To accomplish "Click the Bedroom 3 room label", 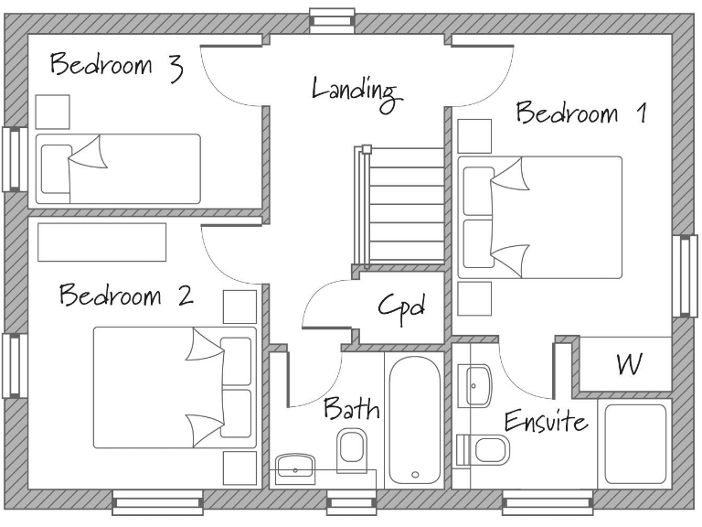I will click(x=115, y=67).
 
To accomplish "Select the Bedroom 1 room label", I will click(x=581, y=114).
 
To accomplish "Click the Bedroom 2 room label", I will click(x=125, y=296).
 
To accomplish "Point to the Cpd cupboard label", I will click(x=402, y=307).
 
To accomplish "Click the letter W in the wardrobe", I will click(x=628, y=364).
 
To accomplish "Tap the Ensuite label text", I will click(x=546, y=423).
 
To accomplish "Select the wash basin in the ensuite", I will click(x=475, y=385).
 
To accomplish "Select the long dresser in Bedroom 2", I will click(x=101, y=242).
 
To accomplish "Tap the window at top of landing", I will click(x=331, y=19).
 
